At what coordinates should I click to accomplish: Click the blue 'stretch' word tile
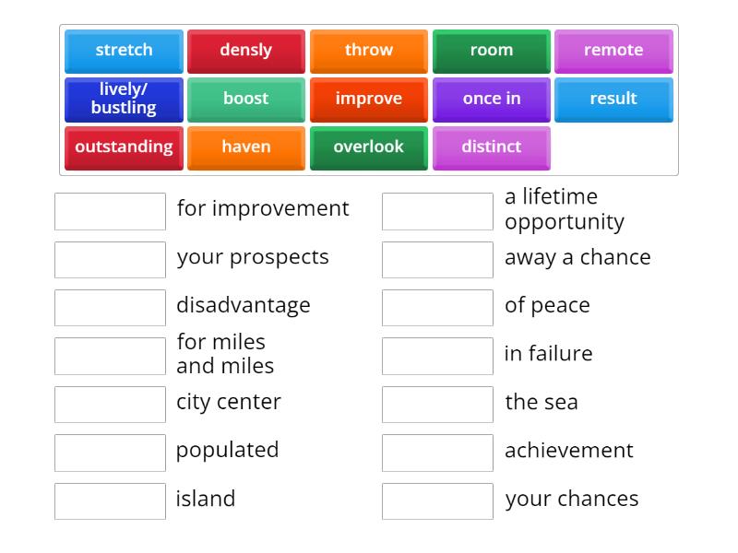[124, 51]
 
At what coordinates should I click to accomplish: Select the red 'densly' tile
[245, 51]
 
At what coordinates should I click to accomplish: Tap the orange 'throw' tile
[368, 51]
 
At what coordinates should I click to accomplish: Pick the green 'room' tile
[491, 51]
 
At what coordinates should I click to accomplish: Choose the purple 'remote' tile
[613, 51]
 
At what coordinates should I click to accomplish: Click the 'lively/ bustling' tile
[124, 100]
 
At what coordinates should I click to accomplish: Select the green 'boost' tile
[245, 100]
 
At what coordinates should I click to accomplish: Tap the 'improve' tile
[368, 100]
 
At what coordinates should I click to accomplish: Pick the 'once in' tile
[491, 100]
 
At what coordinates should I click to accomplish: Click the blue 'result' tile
[613, 100]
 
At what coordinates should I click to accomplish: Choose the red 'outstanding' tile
[124, 147]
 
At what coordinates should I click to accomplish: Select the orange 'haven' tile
[245, 147]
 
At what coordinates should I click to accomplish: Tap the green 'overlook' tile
[368, 147]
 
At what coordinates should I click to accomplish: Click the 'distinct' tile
[491, 147]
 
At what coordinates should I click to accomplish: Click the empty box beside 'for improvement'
[110, 211]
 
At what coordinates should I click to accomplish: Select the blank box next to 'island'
[110, 501]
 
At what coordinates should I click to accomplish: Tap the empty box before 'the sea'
[437, 405]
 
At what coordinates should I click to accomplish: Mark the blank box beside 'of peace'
[437, 308]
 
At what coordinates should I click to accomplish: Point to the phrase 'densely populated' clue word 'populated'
[227, 450]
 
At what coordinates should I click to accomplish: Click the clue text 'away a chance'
[577, 257]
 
